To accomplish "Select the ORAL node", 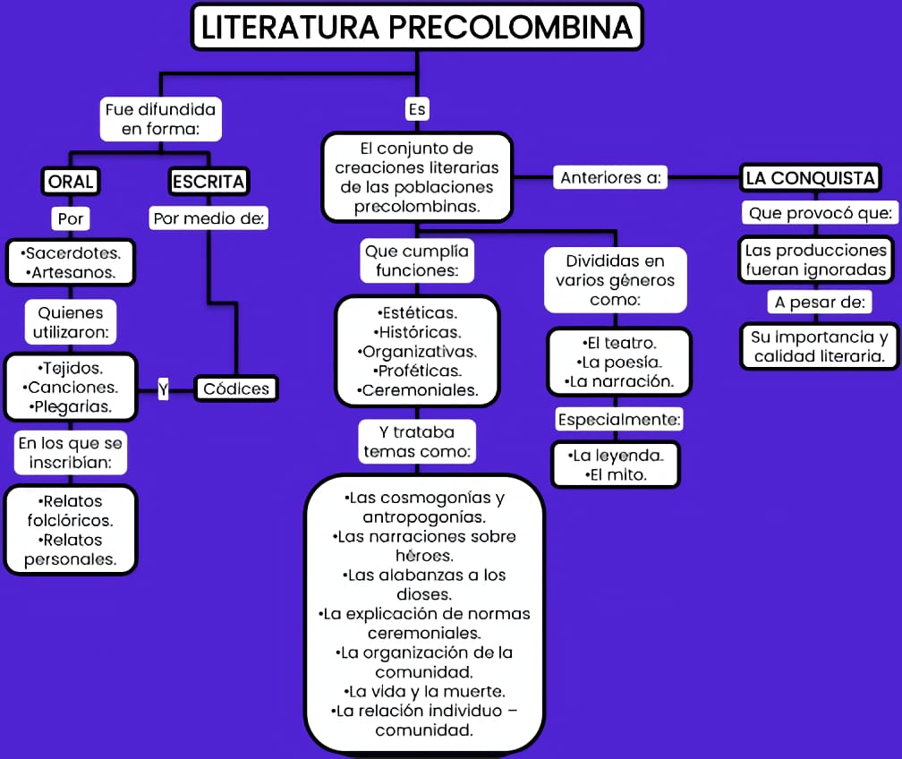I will coord(71,182).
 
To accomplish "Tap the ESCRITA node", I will coord(208,182).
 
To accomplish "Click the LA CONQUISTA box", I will coord(810,178).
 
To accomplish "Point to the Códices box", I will coord(236,388).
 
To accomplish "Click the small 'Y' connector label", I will coord(163,388).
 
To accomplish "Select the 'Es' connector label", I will coord(416,109).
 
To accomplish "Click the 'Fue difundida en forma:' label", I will coord(160,119).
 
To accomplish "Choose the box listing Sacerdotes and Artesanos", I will coord(70,262).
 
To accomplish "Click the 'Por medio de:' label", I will coord(210,217).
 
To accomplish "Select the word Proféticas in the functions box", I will coord(417,371).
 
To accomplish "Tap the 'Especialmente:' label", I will coord(619,419).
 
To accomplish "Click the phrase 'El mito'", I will coord(617,474).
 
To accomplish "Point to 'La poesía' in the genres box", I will coord(620,362).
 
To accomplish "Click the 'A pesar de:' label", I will coord(820,302).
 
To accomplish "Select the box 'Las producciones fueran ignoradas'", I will coord(816,260).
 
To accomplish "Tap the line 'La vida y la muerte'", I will coord(425,691).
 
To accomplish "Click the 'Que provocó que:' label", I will coord(820,213).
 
